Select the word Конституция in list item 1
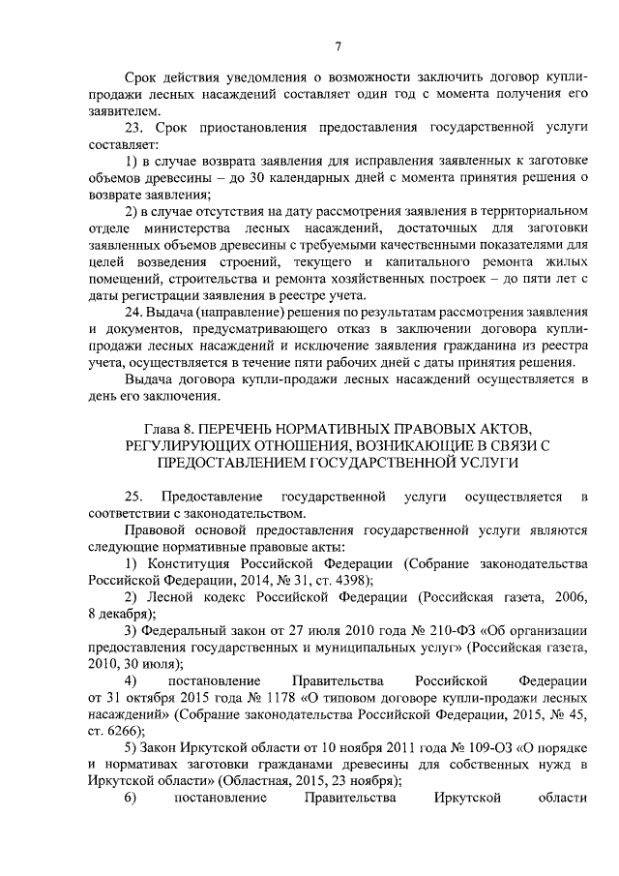(188, 563)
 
